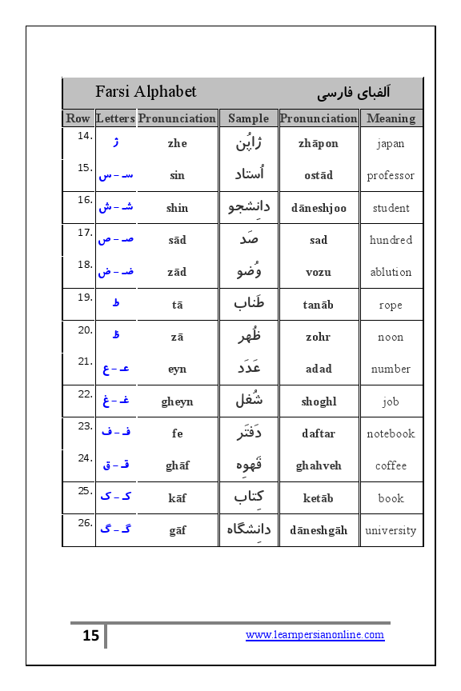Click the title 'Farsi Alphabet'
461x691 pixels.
[x=146, y=92]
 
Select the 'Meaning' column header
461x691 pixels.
[x=391, y=118]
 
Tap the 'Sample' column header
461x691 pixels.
[x=248, y=118]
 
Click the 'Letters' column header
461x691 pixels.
[x=115, y=118]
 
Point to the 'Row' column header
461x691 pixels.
[x=78, y=118]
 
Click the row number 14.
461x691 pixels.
[x=85, y=136]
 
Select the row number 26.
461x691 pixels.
[x=85, y=522]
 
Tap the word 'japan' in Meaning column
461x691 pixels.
[x=391, y=144]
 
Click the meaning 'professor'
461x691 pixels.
[x=391, y=176]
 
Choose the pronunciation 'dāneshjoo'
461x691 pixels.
[x=319, y=208]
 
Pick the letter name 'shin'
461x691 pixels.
[x=177, y=208]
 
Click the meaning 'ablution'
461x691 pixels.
[x=391, y=272]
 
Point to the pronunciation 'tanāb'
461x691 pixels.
[x=319, y=305]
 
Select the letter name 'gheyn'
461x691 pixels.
[x=177, y=401]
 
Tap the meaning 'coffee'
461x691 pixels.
[x=391, y=465]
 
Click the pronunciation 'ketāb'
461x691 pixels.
[x=319, y=498]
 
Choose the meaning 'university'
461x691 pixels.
[x=391, y=530]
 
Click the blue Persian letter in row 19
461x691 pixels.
[x=116, y=303]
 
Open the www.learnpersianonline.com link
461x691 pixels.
[x=315, y=635]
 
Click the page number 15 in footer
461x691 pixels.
[x=90, y=636]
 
